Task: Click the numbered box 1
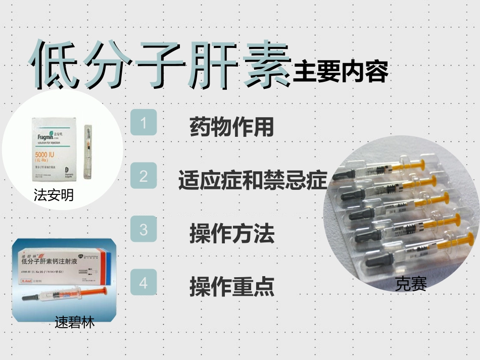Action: click(x=143, y=123)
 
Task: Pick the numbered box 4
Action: click(x=143, y=282)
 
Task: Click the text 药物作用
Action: click(x=231, y=127)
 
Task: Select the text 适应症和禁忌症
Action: click(x=253, y=180)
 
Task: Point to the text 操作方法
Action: click(x=232, y=233)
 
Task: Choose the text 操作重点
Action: click(x=232, y=287)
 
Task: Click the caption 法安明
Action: click(x=54, y=195)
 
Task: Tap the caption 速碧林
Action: click(x=74, y=322)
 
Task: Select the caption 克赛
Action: click(x=411, y=284)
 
